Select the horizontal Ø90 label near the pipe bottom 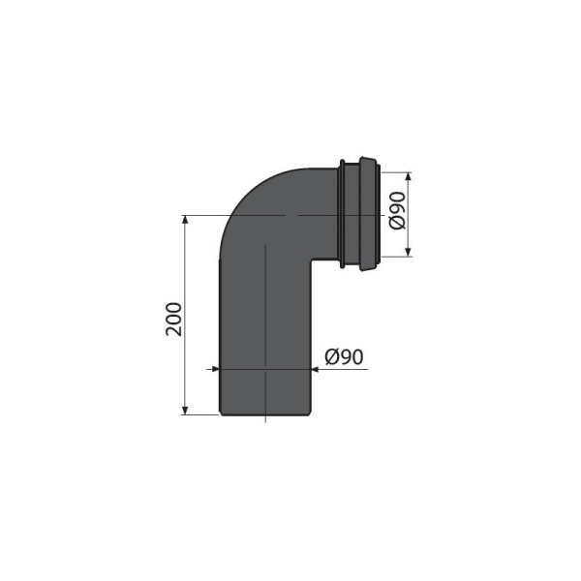pyautogui.click(x=344, y=356)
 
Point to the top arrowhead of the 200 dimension pyautogui.click(x=185, y=220)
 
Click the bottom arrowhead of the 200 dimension pyautogui.click(x=185, y=410)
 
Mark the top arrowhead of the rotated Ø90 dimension pyautogui.click(x=409, y=177)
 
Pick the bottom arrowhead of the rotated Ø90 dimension pyautogui.click(x=409, y=251)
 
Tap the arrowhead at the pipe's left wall pyautogui.click(x=215, y=369)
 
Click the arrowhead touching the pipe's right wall pyautogui.click(x=314, y=369)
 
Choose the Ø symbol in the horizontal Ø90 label pyautogui.click(x=331, y=356)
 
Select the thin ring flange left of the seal pyautogui.click(x=342, y=213)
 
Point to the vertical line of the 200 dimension pyautogui.click(x=185, y=290)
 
